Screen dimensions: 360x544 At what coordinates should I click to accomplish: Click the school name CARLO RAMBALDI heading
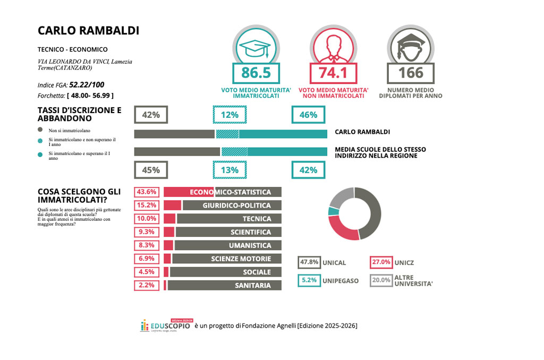pos(88,30)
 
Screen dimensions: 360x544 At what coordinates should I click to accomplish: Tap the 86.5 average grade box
pos(252,72)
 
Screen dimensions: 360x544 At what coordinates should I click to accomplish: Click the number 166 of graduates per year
pos(411,72)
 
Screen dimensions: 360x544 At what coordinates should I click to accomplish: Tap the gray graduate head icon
pos(411,46)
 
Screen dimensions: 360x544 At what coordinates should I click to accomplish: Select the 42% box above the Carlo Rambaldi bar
pos(151,114)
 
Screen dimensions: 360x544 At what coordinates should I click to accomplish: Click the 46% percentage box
pos(308,114)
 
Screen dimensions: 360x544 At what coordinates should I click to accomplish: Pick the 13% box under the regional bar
pos(229,170)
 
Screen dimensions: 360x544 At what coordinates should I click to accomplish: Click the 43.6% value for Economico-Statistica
pos(146,192)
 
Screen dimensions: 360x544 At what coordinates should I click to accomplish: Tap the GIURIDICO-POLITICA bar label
pos(236,205)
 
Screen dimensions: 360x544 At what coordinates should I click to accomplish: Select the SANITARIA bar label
pos(252,285)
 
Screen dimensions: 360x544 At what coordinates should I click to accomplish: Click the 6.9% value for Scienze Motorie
pos(146,259)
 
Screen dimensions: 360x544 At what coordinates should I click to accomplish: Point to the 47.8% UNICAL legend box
pos(309,262)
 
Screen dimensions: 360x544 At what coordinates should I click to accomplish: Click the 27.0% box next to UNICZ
pos(381,262)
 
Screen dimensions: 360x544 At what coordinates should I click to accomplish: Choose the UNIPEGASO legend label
pos(340,280)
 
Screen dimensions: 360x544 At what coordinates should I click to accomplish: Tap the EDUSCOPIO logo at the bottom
pos(165,325)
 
